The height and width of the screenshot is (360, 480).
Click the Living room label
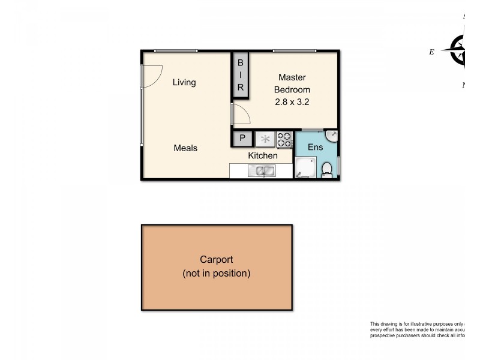[184, 82]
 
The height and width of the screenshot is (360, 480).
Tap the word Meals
[185, 148]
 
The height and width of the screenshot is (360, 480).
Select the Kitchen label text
[263, 155]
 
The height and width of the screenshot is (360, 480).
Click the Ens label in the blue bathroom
[315, 147]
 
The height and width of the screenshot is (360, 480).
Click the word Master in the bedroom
[292, 77]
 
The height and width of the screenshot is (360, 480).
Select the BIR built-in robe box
[240, 74]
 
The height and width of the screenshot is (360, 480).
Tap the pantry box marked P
[242, 139]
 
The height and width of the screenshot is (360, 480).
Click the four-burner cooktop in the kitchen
[284, 139]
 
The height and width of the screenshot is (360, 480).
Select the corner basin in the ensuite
[331, 136]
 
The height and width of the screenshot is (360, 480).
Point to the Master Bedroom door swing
[241, 114]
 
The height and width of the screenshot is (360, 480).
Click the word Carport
[216, 260]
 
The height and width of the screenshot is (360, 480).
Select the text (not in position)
[216, 274]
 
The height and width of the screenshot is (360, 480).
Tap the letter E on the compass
[431, 52]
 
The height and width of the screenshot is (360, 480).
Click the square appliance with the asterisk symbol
[265, 139]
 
